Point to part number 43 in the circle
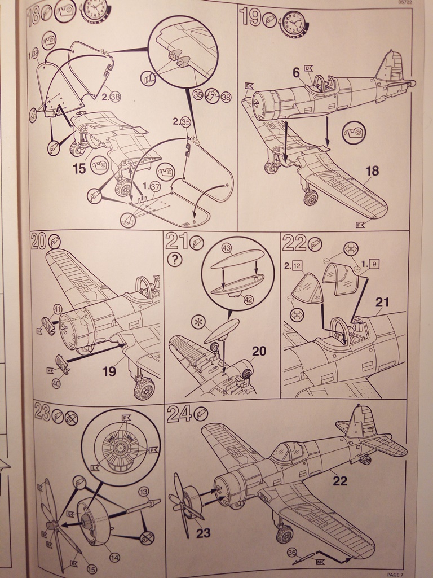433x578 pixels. (x=227, y=248)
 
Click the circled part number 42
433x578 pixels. (x=248, y=300)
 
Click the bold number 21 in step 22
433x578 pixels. (x=382, y=302)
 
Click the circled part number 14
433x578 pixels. (x=114, y=558)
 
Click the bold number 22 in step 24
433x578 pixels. (x=340, y=481)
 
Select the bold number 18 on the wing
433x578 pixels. (x=372, y=170)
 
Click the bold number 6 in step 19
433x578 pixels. (x=295, y=72)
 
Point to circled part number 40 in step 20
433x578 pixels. (x=56, y=383)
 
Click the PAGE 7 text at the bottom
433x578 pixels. (x=395, y=574)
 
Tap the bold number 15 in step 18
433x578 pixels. (x=79, y=168)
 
